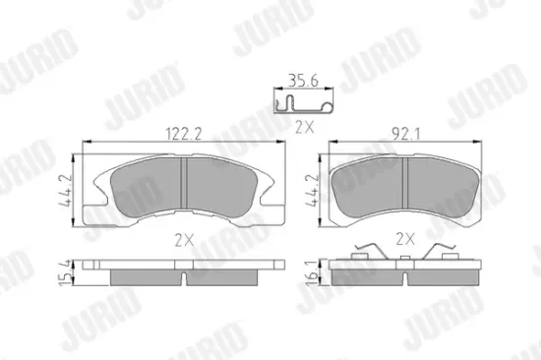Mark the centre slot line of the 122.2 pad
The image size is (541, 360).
pos(186,187)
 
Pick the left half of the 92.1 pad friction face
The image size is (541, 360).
pos(372,183)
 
